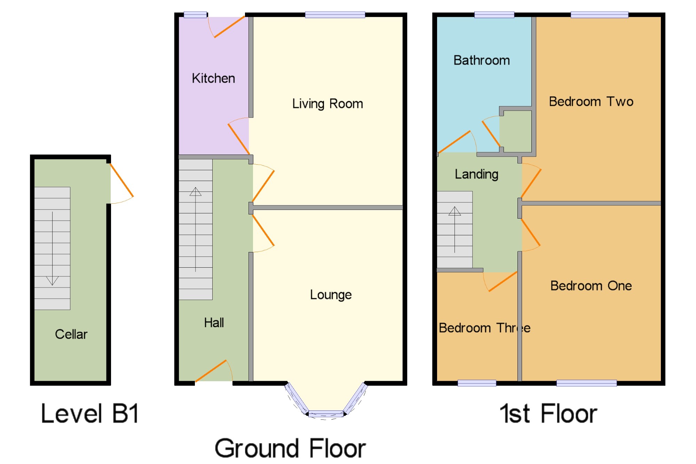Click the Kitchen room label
pos(213,78)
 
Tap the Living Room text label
pos(327,104)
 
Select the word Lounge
pos(331,295)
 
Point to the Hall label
pos(214,323)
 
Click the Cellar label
pos(71,334)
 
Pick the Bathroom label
pos(482,60)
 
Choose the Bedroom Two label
pos(591,102)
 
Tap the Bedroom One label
pos(591,286)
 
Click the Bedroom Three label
pos(484,328)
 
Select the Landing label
pos(476,174)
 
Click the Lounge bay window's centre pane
pos(326,414)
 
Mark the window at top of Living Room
pos(335,15)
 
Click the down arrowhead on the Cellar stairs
pos(52,281)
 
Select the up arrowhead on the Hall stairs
pos(196,191)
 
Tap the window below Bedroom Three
pos(477,383)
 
